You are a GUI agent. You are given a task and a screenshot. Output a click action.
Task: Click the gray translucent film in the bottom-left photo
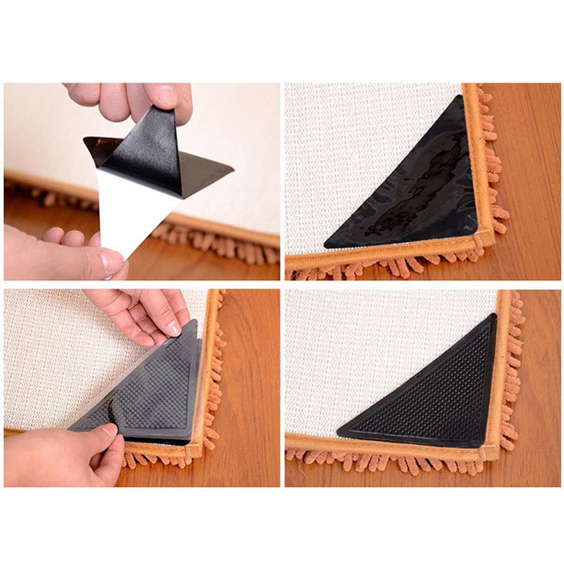coord(147,389)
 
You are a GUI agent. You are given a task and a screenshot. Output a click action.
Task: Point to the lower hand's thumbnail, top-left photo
coord(112,261)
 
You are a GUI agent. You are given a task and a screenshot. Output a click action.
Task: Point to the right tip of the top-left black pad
coord(232,168)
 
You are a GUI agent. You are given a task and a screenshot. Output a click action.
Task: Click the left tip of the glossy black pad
coord(325,246)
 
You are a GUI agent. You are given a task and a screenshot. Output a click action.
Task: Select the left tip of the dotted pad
coord(338,433)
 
